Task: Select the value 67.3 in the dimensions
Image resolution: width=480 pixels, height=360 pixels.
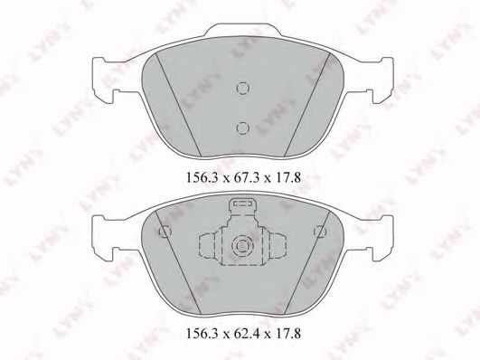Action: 244,177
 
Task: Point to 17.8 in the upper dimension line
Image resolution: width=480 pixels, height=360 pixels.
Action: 287,177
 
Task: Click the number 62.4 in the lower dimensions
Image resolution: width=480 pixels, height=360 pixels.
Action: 244,334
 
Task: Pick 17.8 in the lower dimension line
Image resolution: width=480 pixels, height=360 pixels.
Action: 287,334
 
